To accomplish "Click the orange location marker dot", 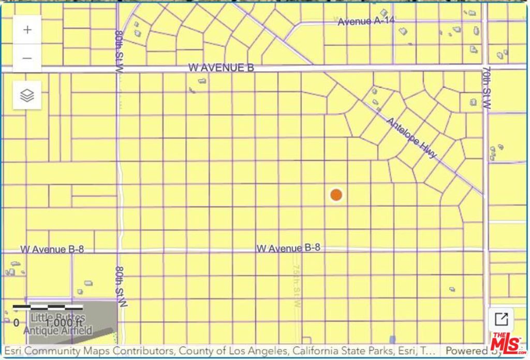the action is [x=336, y=195].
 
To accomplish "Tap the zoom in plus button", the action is [x=27, y=30].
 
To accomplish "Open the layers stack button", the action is [x=27, y=95].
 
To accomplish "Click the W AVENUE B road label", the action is [x=221, y=68].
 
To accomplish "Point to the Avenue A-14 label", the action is [x=362, y=22].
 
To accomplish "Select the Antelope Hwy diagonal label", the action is [x=413, y=138].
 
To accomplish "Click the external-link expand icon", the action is [x=501, y=319].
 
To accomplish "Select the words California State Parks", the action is [x=325, y=351].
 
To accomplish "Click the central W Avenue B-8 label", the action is [x=288, y=248].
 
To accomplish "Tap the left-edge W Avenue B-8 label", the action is [x=52, y=249].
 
